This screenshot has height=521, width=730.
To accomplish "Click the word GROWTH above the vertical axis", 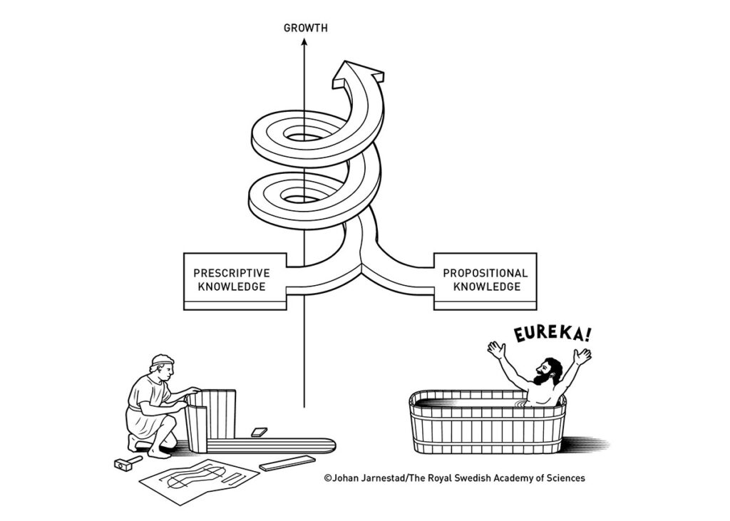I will (x=305, y=29).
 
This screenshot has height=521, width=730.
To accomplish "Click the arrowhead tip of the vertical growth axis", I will (x=304, y=41).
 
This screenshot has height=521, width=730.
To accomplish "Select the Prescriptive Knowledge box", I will (x=235, y=280).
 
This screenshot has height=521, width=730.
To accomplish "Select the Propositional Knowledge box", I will (x=485, y=280).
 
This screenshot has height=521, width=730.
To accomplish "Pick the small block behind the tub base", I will (x=259, y=432).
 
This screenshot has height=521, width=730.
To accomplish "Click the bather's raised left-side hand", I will (x=496, y=349).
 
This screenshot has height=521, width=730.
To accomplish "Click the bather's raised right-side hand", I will (x=582, y=354).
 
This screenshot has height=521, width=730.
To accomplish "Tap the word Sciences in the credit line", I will (x=564, y=478).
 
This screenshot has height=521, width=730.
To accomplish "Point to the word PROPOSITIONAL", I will (x=485, y=273).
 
